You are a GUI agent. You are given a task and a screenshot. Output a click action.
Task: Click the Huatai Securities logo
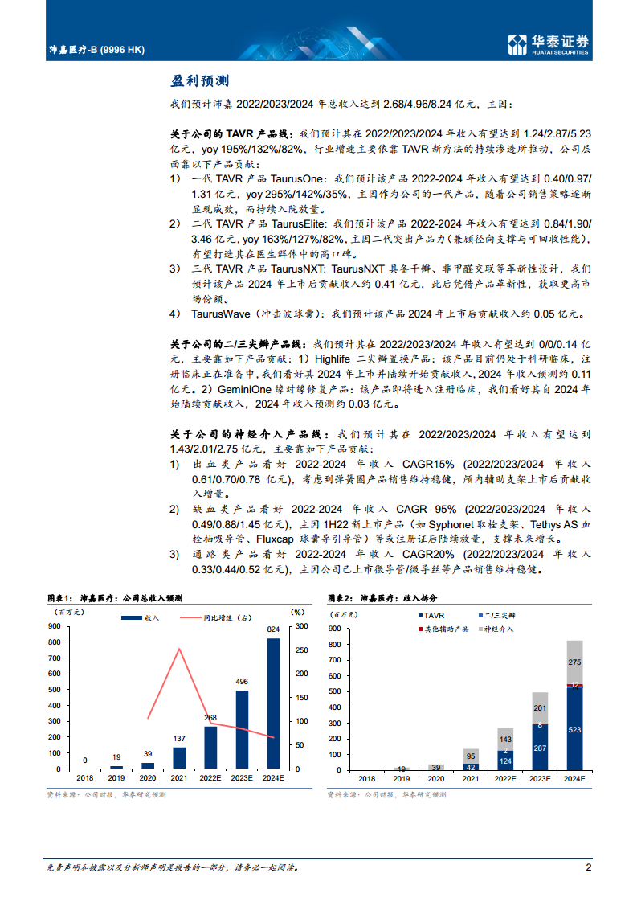click(x=549, y=45)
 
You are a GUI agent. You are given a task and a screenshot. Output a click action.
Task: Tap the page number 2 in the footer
click(x=589, y=867)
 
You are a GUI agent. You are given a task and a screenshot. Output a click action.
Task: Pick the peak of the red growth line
click(x=178, y=650)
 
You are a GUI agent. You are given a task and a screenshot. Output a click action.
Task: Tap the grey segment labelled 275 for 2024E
click(x=574, y=662)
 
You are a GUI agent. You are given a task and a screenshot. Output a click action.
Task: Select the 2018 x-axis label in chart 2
click(x=366, y=779)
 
